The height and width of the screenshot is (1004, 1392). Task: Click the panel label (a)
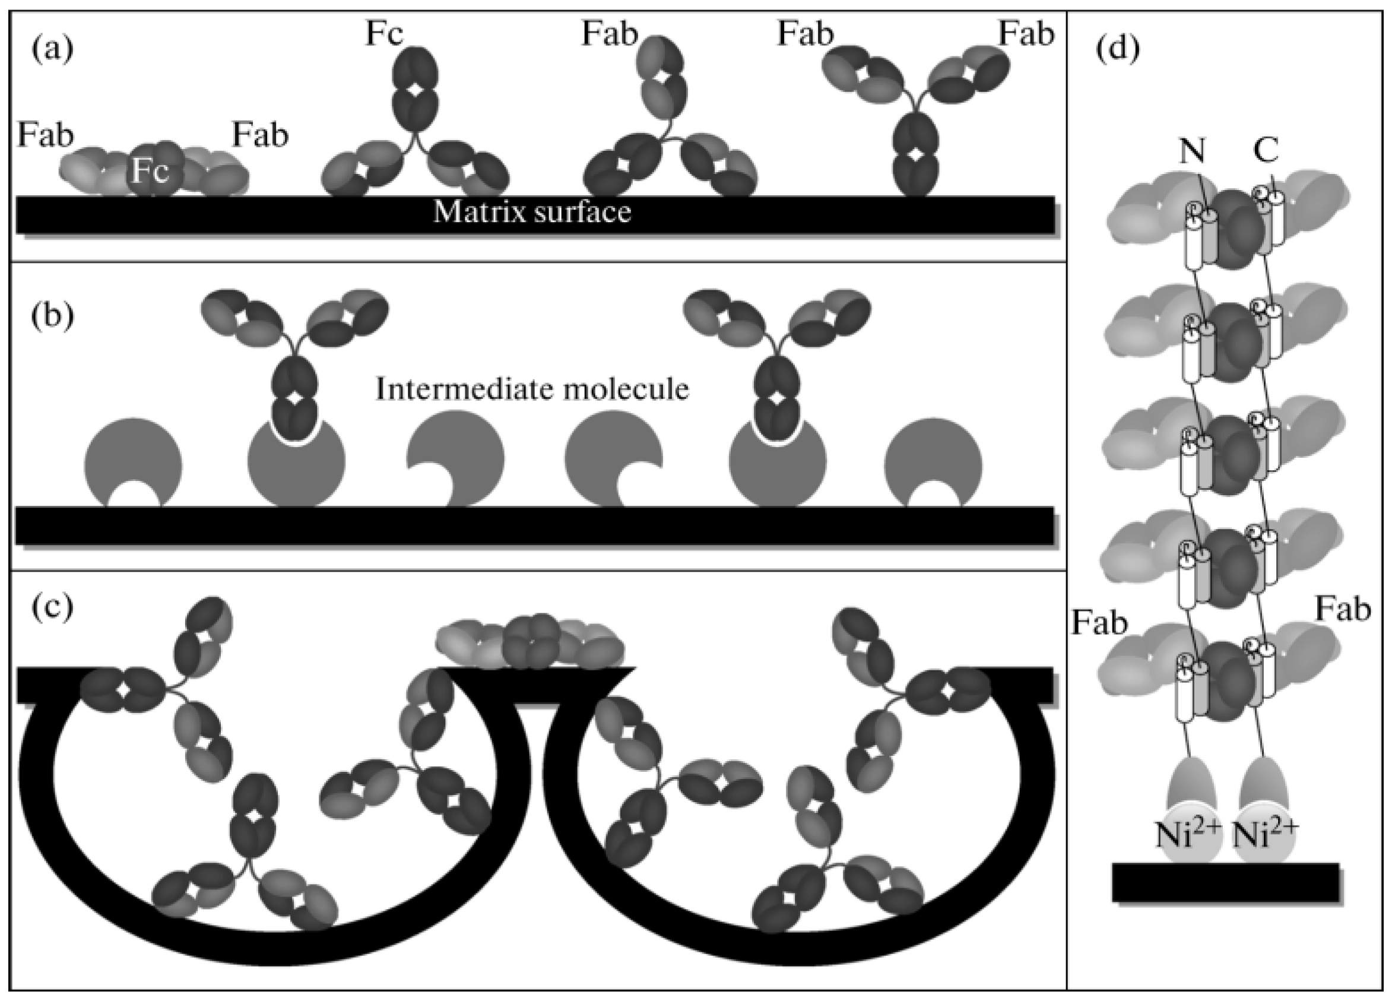point(52,49)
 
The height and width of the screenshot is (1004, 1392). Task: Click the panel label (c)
point(52,606)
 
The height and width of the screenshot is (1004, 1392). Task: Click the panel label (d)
point(1117,49)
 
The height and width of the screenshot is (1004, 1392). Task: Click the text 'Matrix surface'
point(532,212)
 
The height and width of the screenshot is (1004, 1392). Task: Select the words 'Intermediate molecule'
point(532,389)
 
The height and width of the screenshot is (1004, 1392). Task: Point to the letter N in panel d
point(1193,151)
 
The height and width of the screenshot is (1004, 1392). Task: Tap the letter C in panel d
point(1266,151)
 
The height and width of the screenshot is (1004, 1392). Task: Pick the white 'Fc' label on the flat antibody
point(151,172)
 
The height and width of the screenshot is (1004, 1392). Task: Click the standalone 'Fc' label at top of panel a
point(384,34)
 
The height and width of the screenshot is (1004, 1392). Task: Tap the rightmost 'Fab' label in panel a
point(1026,34)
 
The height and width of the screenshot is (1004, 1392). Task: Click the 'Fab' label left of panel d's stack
point(1100,623)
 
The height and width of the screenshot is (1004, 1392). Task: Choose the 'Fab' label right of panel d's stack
point(1343,610)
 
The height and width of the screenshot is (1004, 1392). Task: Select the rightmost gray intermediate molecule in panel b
point(933,458)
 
